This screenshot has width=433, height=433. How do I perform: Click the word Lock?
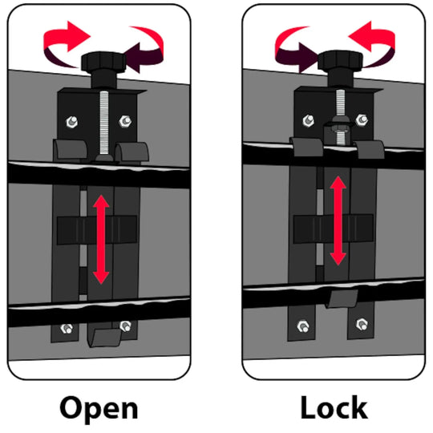click(334, 407)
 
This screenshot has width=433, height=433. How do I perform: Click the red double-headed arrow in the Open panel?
click(101, 240)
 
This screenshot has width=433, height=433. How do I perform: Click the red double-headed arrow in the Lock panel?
click(338, 221)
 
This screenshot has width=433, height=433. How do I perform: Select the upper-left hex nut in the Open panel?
click(72, 122)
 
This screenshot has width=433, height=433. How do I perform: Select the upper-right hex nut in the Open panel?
click(125, 121)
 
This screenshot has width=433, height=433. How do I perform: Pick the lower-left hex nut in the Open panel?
click(67, 328)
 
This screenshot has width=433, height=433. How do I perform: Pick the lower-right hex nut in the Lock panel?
click(362, 324)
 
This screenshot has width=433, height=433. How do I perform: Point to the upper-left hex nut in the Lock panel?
click(308, 120)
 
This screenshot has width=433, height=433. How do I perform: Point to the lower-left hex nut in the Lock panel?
click(303, 326)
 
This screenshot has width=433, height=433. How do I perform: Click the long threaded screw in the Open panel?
click(103, 123)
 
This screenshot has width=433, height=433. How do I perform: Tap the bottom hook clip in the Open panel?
click(104, 338)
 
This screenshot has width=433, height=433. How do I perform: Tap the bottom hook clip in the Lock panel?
click(342, 299)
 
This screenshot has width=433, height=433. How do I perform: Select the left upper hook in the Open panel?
click(70, 149)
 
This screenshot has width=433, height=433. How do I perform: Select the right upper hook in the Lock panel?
click(369, 149)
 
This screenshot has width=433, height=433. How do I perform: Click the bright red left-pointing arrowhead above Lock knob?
click(360, 36)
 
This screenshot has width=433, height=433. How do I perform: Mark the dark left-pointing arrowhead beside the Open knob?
click(132, 58)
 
